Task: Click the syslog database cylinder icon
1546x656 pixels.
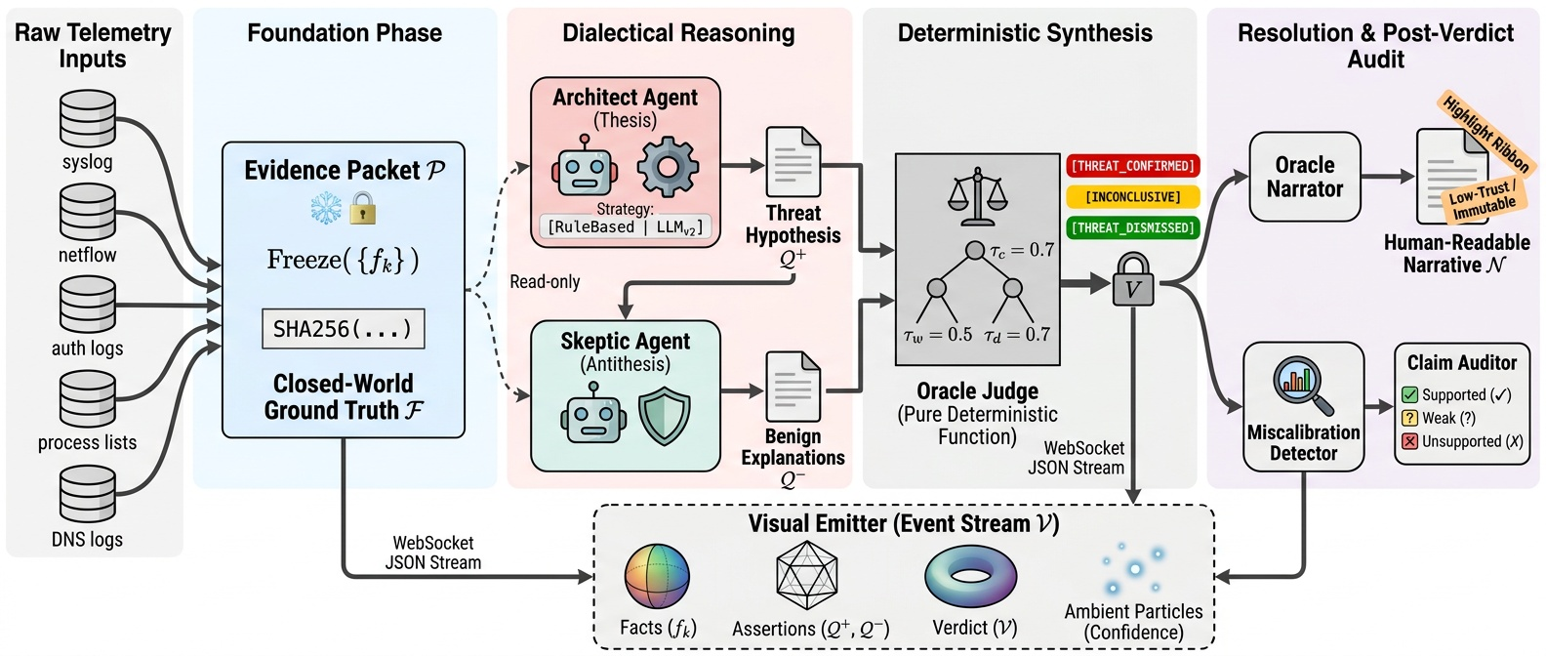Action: point(88,119)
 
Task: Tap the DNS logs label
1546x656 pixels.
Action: point(87,539)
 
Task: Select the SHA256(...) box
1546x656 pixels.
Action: point(343,329)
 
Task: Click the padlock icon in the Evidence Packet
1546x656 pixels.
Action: point(362,208)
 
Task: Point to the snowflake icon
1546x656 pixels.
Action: point(325,208)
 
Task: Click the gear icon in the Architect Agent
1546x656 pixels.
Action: point(668,167)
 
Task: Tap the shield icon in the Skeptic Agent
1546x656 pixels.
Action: point(664,416)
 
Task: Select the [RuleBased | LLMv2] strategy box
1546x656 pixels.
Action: point(625,226)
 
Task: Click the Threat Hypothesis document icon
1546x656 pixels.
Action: point(793,162)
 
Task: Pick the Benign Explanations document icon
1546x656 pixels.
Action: point(793,387)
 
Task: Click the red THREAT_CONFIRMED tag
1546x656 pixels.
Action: point(1132,166)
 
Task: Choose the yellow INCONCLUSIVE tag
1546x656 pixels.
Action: point(1132,197)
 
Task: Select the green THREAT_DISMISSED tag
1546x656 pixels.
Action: point(1132,228)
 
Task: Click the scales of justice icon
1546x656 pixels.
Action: point(977,193)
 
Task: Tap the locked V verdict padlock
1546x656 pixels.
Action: point(1133,284)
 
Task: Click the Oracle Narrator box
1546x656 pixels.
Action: point(1304,177)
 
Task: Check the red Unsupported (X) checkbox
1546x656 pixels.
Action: point(1409,441)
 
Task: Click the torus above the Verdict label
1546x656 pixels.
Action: point(970,577)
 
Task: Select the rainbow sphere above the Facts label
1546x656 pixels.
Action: point(657,577)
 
